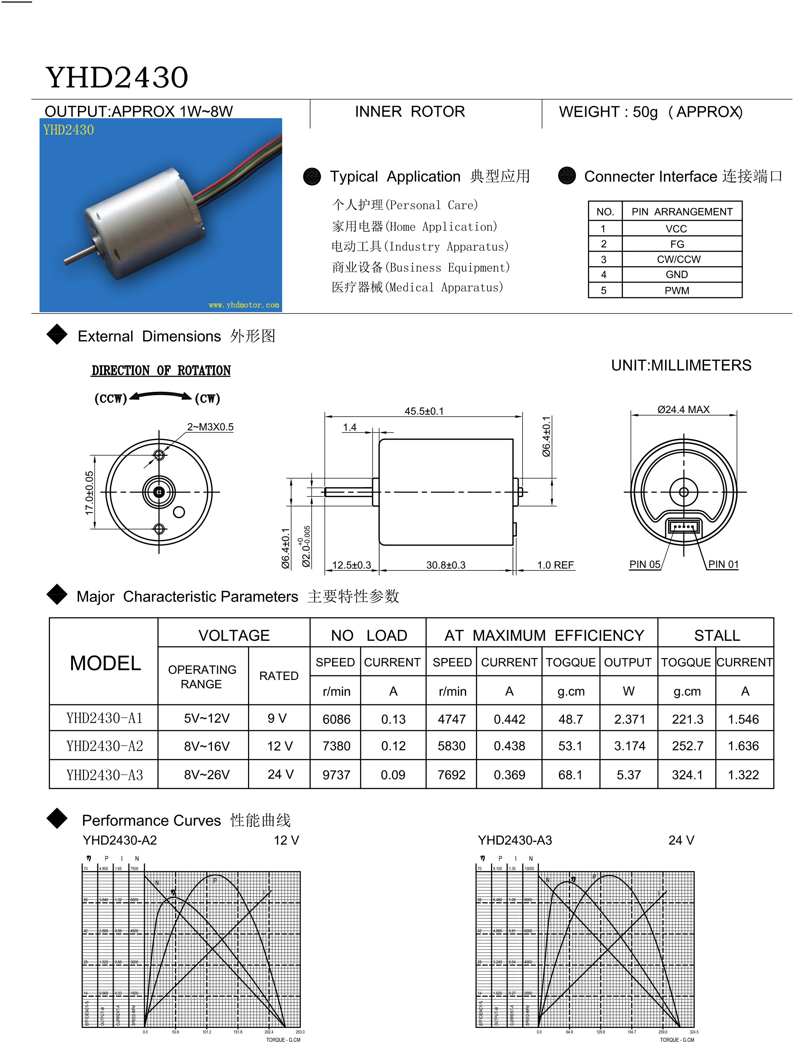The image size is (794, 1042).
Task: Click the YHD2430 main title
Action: point(117,78)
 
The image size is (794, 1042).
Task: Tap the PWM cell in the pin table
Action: point(676,291)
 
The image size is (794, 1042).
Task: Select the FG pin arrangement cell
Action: point(677,244)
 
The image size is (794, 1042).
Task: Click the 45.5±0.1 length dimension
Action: point(424,411)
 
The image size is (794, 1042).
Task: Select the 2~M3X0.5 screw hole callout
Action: point(210,427)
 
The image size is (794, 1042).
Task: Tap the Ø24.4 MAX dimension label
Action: point(683,409)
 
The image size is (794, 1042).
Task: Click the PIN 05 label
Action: point(644,564)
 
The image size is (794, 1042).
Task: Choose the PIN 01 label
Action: point(723,564)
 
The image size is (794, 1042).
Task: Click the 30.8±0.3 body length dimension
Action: point(446,565)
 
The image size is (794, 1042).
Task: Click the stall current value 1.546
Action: point(743,719)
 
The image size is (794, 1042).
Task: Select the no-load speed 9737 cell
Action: point(336,775)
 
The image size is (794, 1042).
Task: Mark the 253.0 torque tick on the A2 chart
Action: point(300,1032)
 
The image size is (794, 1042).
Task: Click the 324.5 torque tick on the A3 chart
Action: point(694,1032)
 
